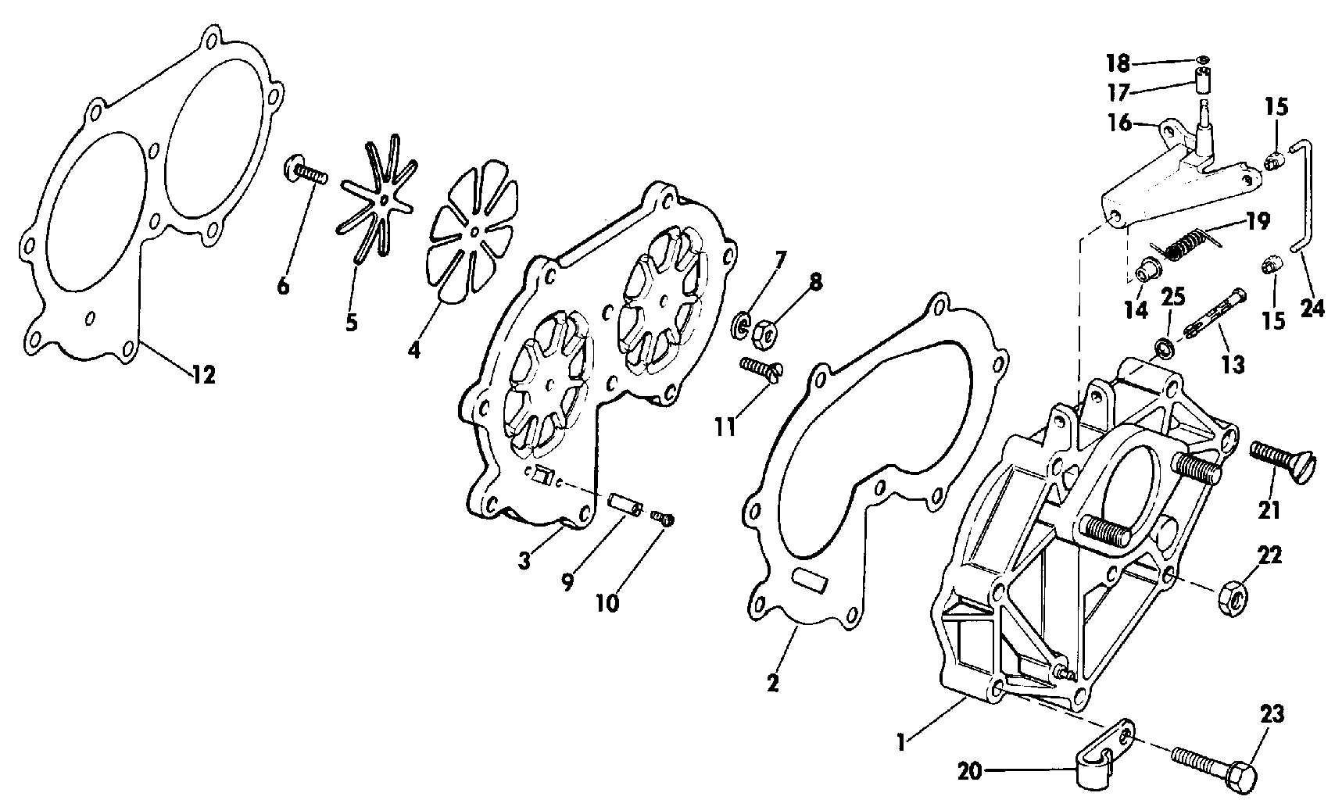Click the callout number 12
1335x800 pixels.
(203, 375)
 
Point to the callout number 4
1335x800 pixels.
(413, 349)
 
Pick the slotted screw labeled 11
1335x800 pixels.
(763, 370)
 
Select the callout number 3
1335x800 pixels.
(524, 560)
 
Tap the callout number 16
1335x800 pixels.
(1119, 123)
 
